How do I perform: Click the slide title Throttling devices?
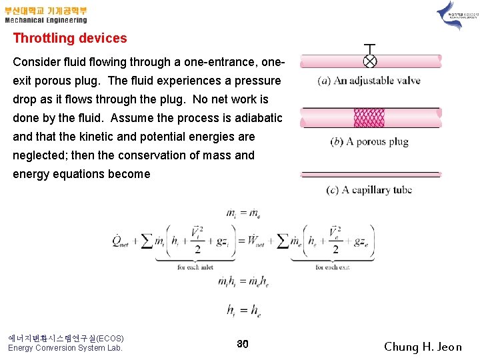70,39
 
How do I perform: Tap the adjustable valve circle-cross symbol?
370,61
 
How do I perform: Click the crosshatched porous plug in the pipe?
369,118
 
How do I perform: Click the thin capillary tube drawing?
370,175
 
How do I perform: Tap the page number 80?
243,344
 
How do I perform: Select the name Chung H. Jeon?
423,347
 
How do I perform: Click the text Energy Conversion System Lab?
65,348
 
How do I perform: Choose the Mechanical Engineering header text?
46,21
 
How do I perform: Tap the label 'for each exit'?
333,267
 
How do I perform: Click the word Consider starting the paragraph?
37,62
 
